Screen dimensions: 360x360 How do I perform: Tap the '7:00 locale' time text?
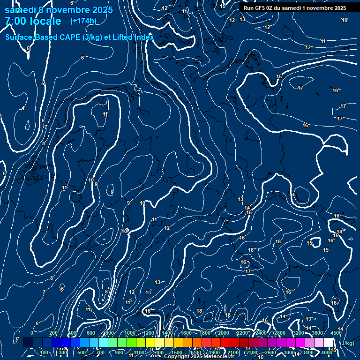(33, 21)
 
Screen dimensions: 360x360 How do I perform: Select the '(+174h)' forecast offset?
(83, 21)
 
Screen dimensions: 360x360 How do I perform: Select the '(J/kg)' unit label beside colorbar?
(347, 344)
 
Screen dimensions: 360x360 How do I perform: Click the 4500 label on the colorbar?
(336, 333)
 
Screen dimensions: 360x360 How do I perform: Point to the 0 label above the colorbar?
(32, 333)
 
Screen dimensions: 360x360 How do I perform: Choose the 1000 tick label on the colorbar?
(130, 333)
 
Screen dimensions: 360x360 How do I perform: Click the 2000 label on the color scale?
(224, 333)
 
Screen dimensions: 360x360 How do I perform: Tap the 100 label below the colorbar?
(45, 352)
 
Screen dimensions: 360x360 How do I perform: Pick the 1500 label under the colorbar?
(177, 352)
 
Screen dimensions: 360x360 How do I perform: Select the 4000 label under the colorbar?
(327, 352)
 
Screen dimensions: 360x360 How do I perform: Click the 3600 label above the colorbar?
(317, 333)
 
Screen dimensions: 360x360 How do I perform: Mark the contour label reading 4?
(23, 108)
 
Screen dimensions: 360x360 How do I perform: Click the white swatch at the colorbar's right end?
(328, 343)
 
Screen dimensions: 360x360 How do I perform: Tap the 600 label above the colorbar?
(91, 333)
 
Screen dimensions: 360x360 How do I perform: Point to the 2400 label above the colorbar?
(261, 333)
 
